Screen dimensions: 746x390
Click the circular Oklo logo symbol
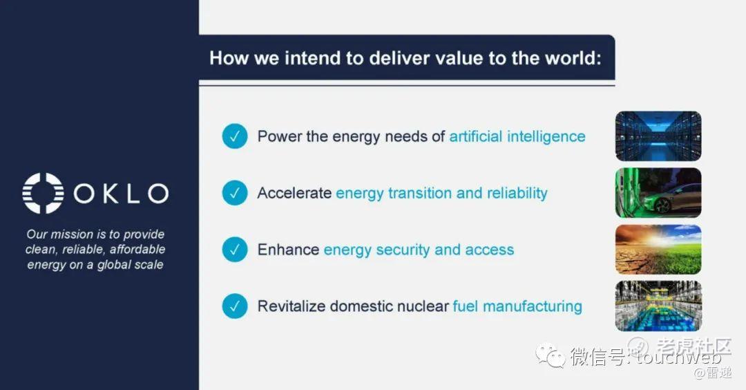pyautogui.click(x=43, y=193)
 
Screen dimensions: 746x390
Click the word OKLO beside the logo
pyautogui.click(x=121, y=194)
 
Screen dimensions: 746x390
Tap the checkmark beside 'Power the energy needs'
pyautogui.click(x=235, y=136)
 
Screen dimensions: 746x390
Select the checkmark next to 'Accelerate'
pyautogui.click(x=235, y=193)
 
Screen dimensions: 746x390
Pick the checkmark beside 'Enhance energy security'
pyautogui.click(x=235, y=250)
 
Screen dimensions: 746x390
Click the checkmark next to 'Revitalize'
pyautogui.click(x=235, y=306)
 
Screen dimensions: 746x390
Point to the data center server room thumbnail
pyautogui.click(x=658, y=136)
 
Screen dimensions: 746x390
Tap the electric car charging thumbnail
pyautogui.click(x=658, y=193)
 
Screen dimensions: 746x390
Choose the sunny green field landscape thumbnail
pyautogui.click(x=658, y=250)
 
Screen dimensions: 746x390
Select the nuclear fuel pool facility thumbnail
pyautogui.click(x=658, y=306)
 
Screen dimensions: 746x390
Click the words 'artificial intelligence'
pyautogui.click(x=517, y=137)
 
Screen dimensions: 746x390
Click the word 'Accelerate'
pyautogui.click(x=294, y=193)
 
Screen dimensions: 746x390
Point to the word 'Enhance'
pyautogui.click(x=288, y=250)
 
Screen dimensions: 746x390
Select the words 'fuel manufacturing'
pyautogui.click(x=517, y=306)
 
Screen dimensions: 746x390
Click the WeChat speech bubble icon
pyautogui.click(x=551, y=355)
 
